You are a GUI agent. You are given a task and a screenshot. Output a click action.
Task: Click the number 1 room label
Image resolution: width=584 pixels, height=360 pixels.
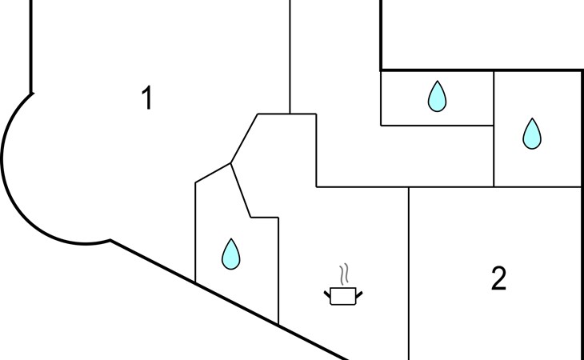pos(146,98)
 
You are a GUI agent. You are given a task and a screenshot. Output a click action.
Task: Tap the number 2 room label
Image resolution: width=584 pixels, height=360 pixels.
pos(498,278)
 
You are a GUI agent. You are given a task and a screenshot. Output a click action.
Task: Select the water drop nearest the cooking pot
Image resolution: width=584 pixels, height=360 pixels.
pos(231,254)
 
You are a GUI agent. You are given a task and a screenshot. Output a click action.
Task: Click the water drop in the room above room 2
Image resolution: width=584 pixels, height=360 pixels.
pos(532,134)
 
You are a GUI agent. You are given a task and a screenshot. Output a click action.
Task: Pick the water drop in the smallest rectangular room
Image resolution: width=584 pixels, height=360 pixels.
pos(437,96)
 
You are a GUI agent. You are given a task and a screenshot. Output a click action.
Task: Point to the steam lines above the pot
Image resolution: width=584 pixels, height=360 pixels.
pos(344,274)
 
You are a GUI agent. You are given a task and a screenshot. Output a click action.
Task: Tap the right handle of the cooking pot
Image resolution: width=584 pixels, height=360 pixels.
pos(359,294)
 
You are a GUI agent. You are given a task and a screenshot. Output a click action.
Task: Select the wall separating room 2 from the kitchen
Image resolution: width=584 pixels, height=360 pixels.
pos(409,272)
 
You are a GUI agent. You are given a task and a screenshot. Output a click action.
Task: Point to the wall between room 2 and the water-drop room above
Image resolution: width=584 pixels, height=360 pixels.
pos(536,187)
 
